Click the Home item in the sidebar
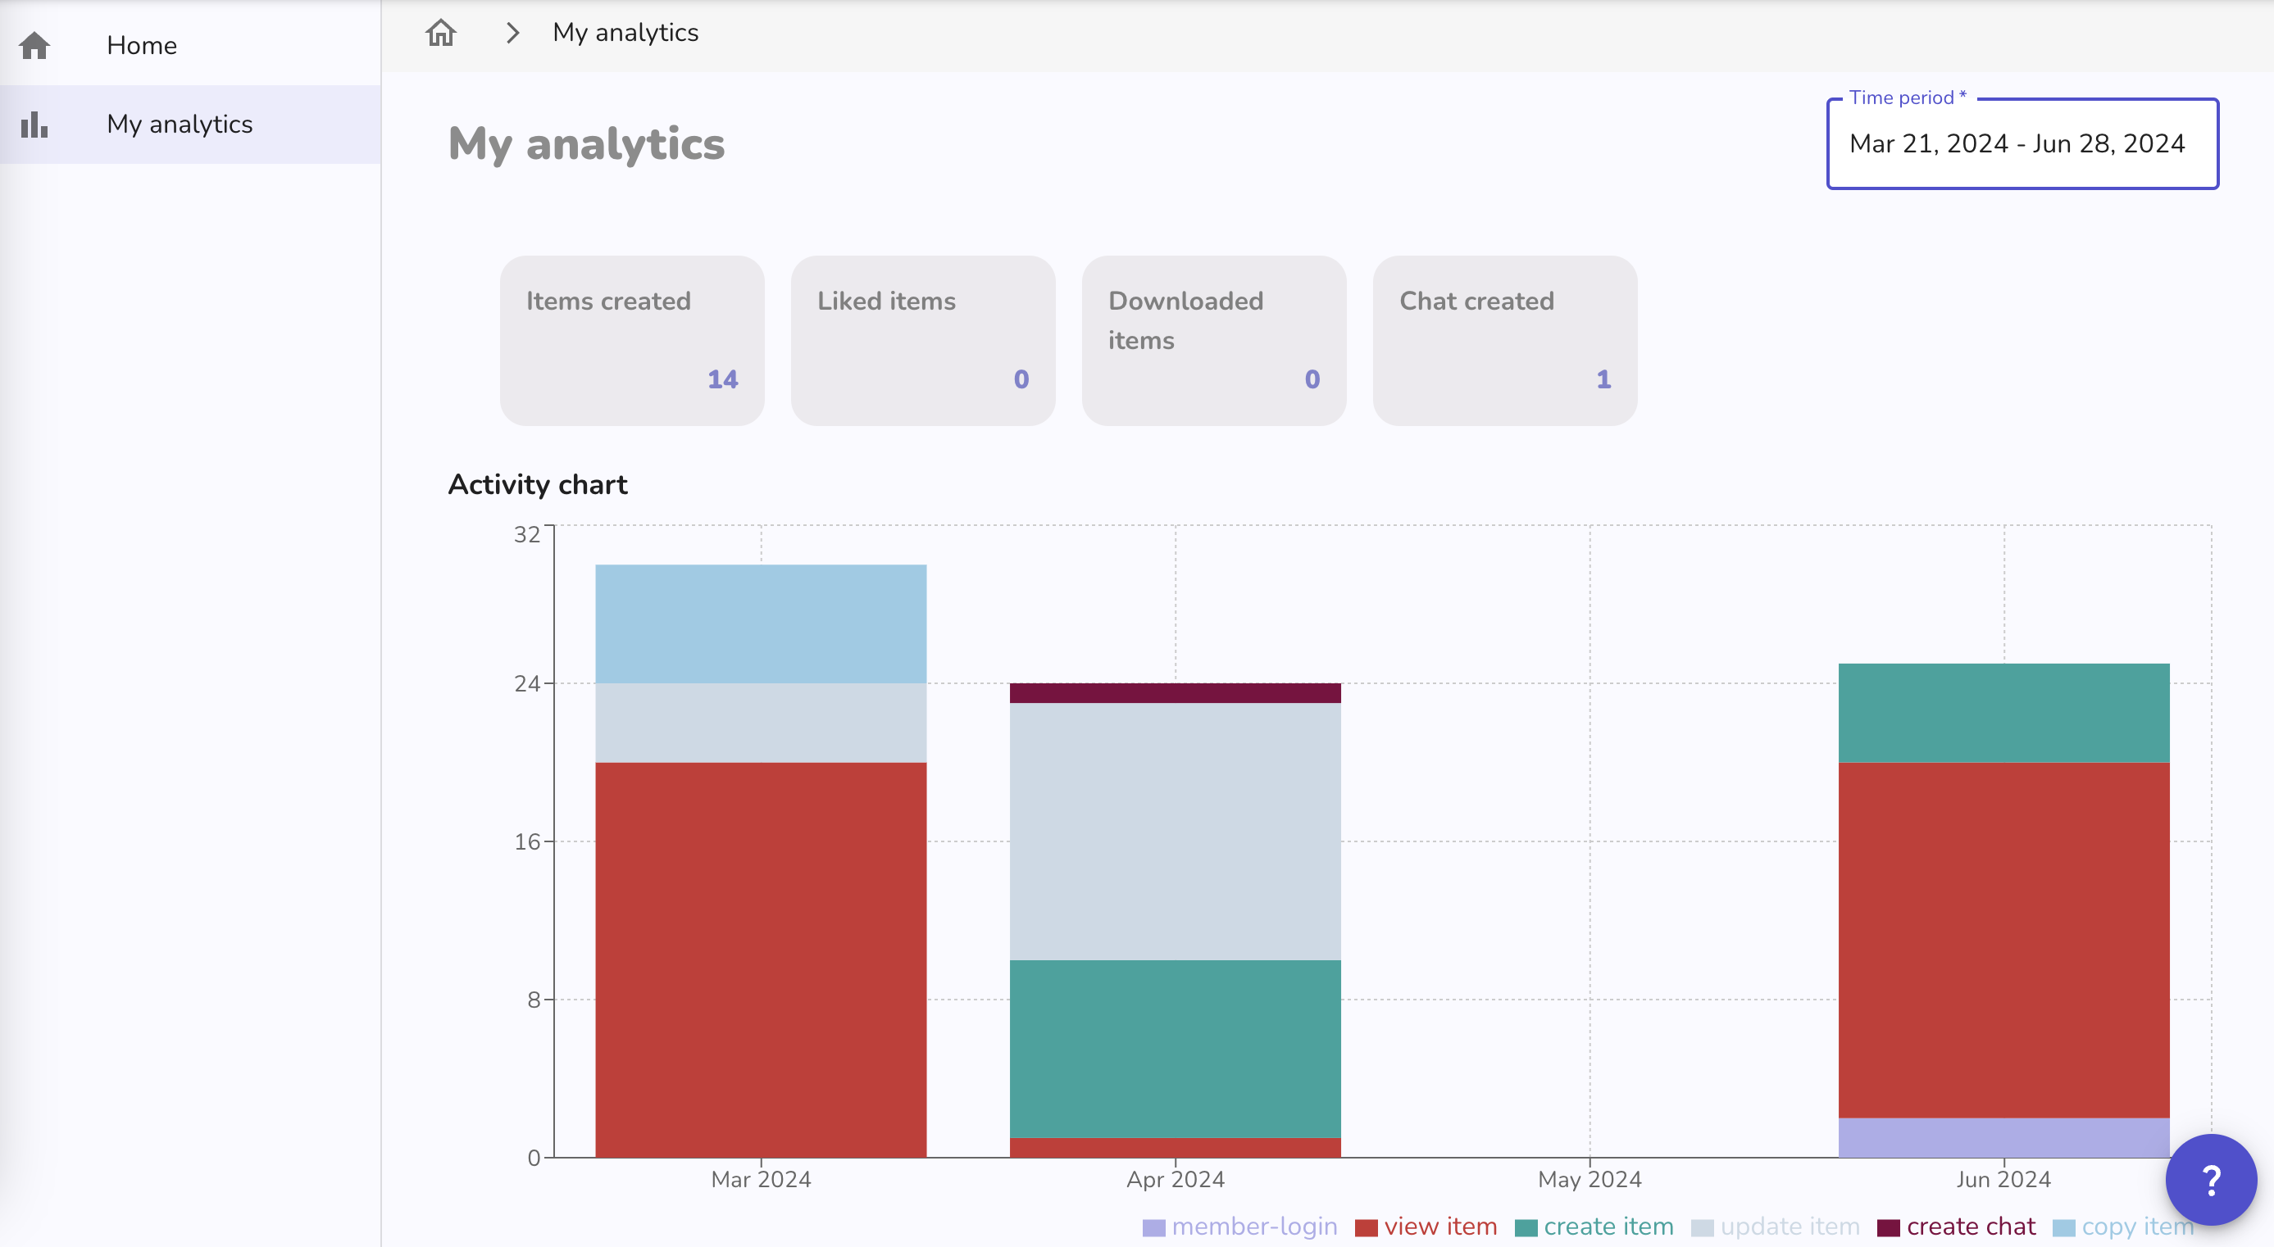(141, 46)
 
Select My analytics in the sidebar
(180, 125)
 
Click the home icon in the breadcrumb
(440, 34)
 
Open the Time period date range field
(2021, 144)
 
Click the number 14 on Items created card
(722, 379)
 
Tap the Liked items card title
(885, 301)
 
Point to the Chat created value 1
(1603, 379)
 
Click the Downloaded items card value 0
(1312, 379)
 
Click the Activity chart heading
(538, 484)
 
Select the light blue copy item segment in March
(760, 623)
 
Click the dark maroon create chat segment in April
(1174, 693)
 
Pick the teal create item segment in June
(2003, 712)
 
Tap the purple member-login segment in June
(2003, 1136)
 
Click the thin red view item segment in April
(1174, 1147)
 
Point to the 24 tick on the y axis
(527, 684)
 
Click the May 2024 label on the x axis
(1589, 1179)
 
